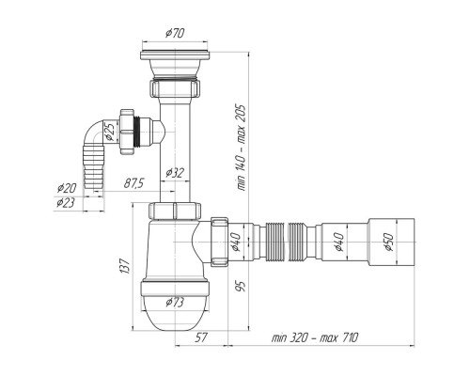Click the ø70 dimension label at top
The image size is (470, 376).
click(175, 33)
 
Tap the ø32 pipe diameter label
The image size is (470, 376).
click(175, 172)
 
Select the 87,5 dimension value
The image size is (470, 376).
click(133, 183)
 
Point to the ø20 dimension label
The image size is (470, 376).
click(67, 188)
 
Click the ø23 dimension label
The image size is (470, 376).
click(66, 203)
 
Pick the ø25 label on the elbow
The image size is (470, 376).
click(109, 132)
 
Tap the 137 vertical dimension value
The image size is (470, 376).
click(125, 266)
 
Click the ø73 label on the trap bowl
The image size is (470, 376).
click(175, 303)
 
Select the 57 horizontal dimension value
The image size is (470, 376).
click(201, 337)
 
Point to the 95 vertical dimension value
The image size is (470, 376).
click(242, 287)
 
